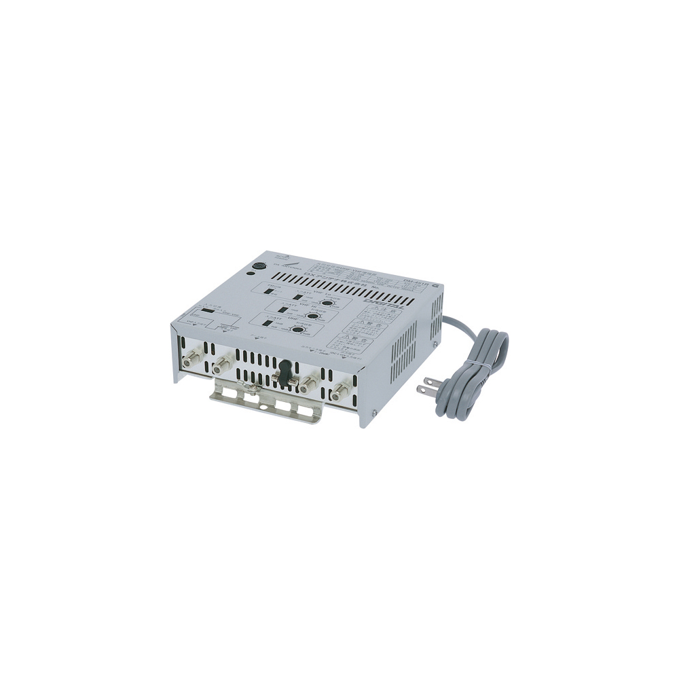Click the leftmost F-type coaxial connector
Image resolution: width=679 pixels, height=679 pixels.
[x=191, y=356]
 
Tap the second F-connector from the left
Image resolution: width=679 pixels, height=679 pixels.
[x=221, y=367]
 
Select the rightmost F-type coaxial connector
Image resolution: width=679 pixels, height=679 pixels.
[x=338, y=392]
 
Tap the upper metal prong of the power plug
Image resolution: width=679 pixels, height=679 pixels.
[x=425, y=389]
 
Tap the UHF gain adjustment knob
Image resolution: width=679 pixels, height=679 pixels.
[x=296, y=330]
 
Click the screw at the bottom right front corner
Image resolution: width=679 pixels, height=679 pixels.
[x=372, y=413]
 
